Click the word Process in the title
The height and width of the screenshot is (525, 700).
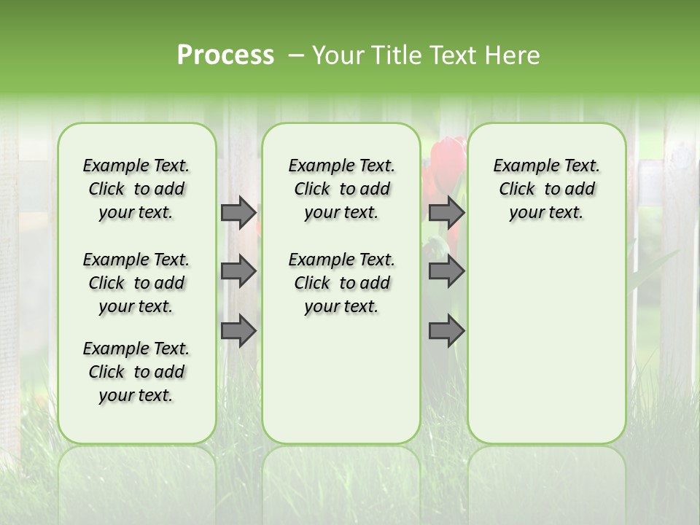pos(225,55)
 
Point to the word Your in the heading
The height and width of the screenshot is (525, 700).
pos(338,55)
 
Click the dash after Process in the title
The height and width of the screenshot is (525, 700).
pos(295,56)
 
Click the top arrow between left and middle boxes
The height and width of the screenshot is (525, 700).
pos(238,213)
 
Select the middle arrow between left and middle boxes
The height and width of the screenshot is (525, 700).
pos(238,271)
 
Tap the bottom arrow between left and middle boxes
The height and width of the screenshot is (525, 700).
pos(238,331)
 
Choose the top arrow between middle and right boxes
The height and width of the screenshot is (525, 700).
pos(446,213)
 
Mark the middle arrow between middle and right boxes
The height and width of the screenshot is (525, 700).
pos(446,271)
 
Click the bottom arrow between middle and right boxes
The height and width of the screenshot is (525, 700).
pos(446,331)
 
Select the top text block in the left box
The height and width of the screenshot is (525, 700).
pos(136,189)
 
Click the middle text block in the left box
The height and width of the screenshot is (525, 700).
pos(136,283)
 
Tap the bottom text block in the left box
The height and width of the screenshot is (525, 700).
pos(136,372)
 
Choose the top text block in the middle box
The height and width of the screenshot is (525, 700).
pos(341,189)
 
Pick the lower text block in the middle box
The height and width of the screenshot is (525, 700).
pos(341,283)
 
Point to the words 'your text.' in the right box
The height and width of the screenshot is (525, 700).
pos(546,213)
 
